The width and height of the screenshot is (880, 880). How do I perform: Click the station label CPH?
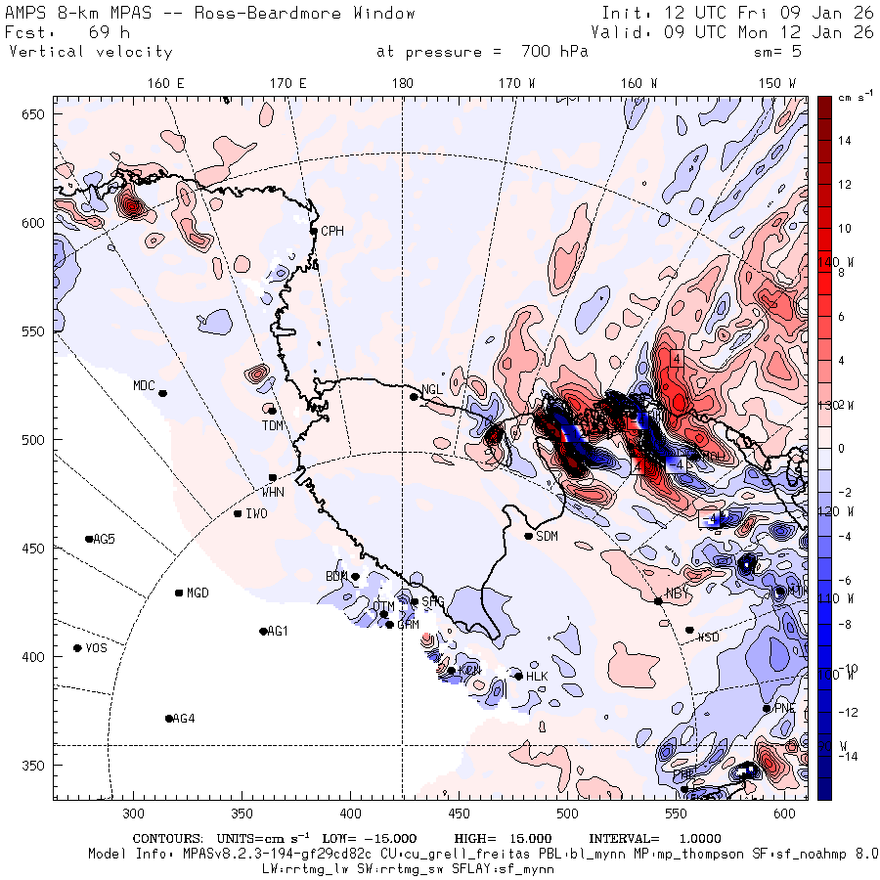pos(333,231)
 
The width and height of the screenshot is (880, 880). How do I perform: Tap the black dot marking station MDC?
pos(163,393)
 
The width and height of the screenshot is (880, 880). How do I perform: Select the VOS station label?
pos(96,648)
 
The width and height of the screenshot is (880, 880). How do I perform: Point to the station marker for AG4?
pos(169,719)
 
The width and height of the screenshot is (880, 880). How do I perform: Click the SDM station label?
pos(548,536)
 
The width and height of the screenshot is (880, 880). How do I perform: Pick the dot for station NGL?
pos(414,396)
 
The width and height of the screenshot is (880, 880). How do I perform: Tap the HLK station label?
pos(537,677)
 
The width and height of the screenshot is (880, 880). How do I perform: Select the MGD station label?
pos(198,594)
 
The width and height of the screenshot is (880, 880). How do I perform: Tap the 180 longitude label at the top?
pos(402,83)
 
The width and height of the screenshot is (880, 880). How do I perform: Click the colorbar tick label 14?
pos(844,141)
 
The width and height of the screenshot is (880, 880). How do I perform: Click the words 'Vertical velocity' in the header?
pos(91,52)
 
